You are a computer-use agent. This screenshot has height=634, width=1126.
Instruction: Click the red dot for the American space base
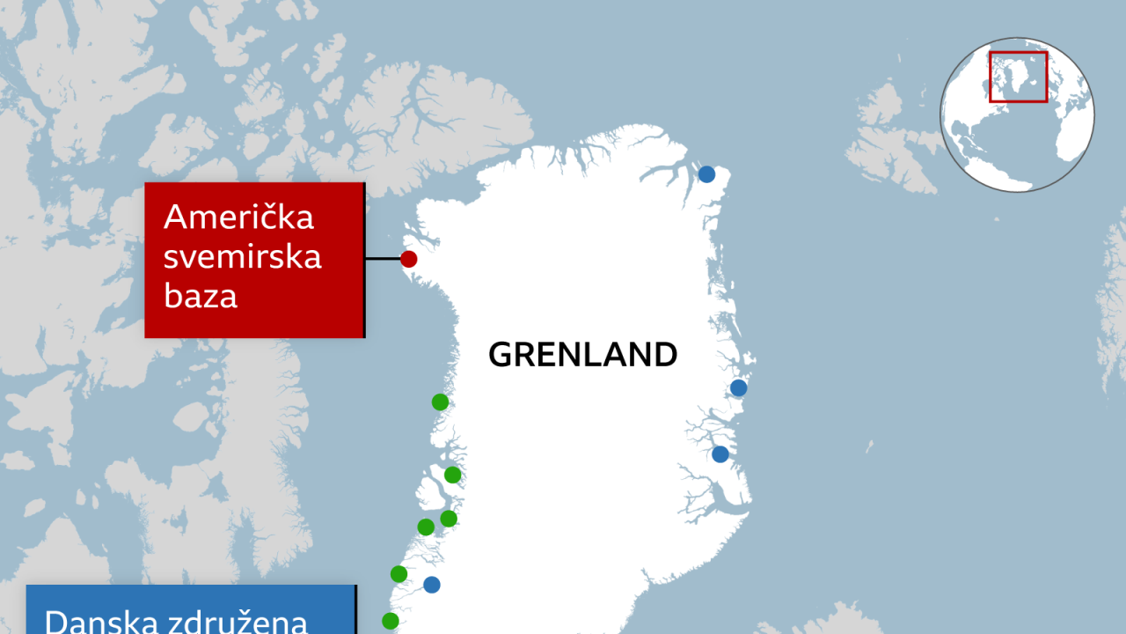click(x=408, y=259)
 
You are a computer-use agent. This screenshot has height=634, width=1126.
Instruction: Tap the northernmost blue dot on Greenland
click(x=706, y=174)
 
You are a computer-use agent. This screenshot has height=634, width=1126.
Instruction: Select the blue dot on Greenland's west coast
click(x=431, y=585)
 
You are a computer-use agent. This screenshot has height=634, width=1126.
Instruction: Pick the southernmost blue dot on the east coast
click(x=720, y=454)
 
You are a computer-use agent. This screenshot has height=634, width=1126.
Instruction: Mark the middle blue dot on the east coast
click(x=738, y=387)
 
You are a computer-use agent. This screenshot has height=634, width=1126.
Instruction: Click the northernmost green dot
click(x=440, y=402)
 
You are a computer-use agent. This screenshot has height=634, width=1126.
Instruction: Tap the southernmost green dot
click(x=391, y=621)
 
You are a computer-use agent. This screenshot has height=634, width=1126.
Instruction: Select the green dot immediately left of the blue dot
click(x=398, y=574)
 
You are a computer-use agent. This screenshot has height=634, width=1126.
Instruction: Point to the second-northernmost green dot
click(x=452, y=475)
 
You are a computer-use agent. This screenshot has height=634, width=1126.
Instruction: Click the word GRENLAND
click(x=582, y=354)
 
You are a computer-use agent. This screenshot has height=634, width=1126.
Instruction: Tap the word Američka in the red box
click(x=238, y=217)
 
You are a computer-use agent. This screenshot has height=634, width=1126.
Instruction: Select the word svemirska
click(x=243, y=257)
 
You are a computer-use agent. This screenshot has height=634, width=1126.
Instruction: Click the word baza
click(x=201, y=297)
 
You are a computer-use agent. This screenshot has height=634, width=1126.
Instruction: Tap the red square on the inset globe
click(x=1018, y=77)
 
